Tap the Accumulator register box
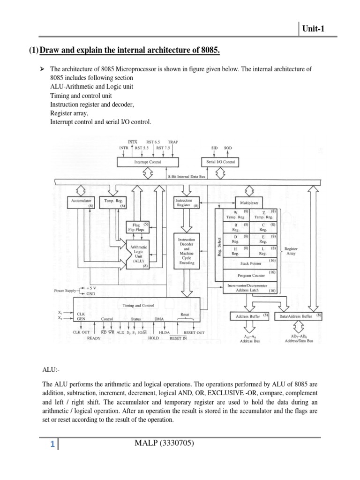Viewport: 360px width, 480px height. pos(83,202)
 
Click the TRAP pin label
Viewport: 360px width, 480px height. pos(172,142)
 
